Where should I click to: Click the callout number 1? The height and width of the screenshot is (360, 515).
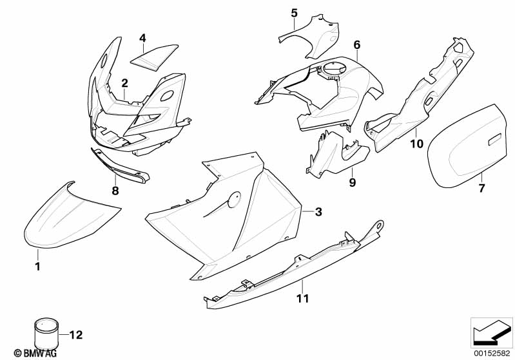(37, 266)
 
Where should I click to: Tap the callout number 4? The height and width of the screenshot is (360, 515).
(142, 38)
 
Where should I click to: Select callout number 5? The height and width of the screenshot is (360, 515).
(295, 13)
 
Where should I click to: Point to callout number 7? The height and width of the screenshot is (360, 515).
(481, 188)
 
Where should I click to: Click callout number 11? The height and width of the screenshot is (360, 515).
(302, 299)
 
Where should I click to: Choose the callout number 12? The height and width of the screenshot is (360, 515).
(76, 335)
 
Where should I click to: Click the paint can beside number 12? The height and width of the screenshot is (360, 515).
(46, 334)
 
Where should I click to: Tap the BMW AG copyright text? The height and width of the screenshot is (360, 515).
(35, 353)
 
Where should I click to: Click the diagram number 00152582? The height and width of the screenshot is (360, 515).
(492, 353)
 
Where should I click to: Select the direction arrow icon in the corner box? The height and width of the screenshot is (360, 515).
(492, 333)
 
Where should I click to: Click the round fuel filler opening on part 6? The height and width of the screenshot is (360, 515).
(334, 70)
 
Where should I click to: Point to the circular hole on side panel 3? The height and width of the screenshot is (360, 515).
(234, 200)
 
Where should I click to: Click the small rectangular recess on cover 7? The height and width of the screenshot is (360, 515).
(495, 140)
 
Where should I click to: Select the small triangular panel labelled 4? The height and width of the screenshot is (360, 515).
(154, 57)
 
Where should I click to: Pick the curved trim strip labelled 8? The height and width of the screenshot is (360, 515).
(120, 166)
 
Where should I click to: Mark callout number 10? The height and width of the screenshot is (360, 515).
(417, 144)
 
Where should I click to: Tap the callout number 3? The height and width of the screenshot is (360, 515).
(318, 212)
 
